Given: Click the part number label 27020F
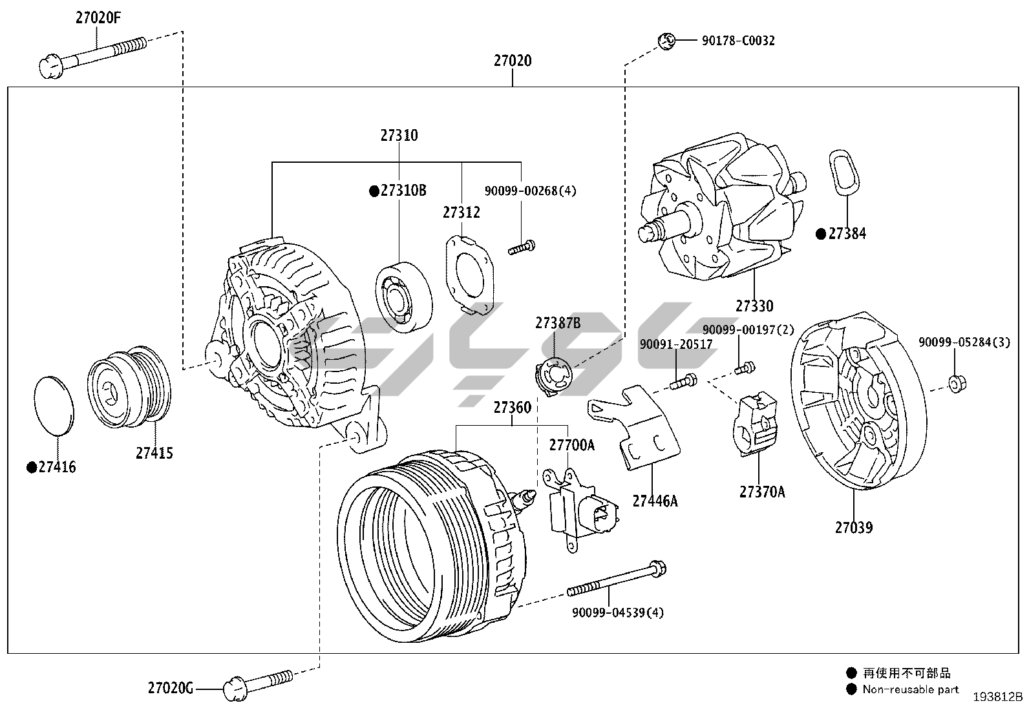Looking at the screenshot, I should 98,17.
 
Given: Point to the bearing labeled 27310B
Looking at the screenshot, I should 403,296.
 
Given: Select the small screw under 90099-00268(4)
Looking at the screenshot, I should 522,246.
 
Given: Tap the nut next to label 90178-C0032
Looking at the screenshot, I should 666,41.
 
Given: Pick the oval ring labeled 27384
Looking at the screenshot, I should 843,171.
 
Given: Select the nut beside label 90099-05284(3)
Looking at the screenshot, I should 957,384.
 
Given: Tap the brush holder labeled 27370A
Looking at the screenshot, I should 755,426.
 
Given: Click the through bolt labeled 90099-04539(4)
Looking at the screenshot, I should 617,580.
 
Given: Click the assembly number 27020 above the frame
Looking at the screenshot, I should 513,61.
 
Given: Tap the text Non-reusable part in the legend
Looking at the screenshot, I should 910,689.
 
